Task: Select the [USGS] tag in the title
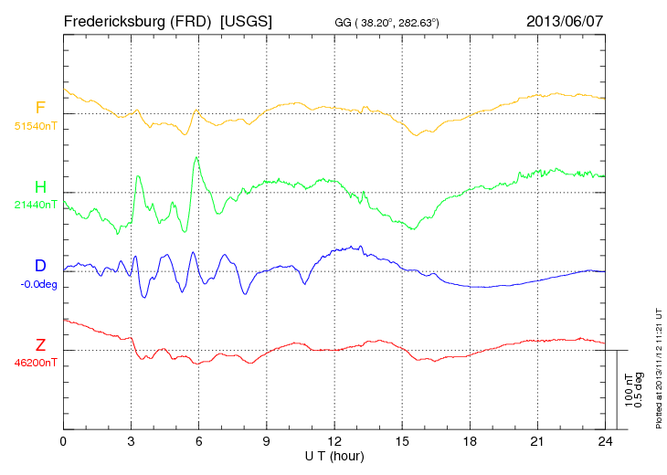246,20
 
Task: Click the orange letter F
40,108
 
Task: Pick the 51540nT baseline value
35,125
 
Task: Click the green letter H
40,187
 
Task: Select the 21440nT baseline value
35,205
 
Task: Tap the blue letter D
40,266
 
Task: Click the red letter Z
40,344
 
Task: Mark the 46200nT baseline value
35,363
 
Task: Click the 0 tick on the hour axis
64,441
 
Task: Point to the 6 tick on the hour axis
199,441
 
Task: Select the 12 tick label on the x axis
334,441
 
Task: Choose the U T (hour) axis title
334,454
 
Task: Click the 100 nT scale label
627,389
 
